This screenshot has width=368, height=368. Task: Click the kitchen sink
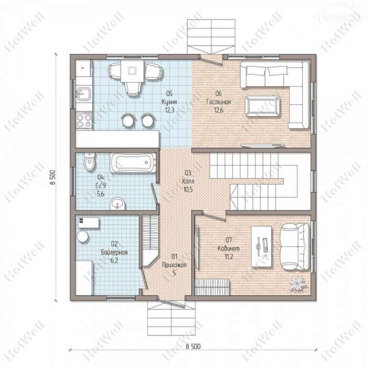click(84, 94)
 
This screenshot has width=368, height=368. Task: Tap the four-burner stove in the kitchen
click(84, 121)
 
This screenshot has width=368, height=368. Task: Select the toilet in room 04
click(90, 161)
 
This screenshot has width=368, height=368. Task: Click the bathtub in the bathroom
click(134, 162)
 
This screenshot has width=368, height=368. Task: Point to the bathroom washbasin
click(117, 204)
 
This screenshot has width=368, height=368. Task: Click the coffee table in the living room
click(263, 106)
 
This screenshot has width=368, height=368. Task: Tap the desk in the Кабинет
click(261, 246)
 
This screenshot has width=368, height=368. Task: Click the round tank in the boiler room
click(83, 236)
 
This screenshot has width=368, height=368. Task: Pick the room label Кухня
click(169, 102)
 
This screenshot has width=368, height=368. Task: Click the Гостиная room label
click(219, 102)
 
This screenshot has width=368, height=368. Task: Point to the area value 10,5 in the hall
click(188, 190)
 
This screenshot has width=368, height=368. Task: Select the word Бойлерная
click(114, 252)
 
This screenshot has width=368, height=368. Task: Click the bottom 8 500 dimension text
click(193, 346)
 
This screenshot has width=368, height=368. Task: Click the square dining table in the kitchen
click(132, 71)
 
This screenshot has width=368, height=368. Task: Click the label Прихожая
click(175, 265)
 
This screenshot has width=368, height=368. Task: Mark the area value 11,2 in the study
click(229, 257)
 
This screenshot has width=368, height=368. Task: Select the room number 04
click(100, 177)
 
